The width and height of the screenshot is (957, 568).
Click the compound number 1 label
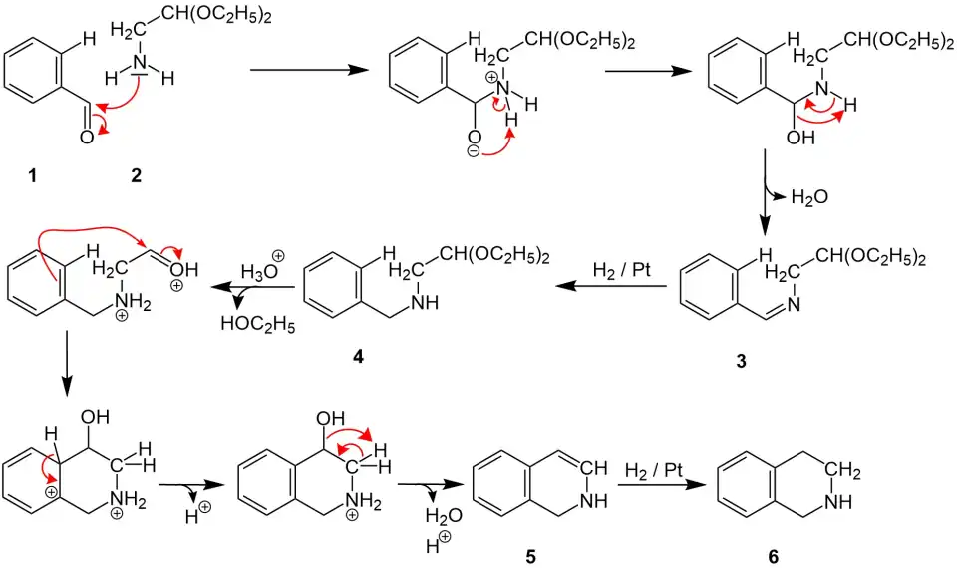pyautogui.click(x=32, y=176)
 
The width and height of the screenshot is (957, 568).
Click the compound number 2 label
pyautogui.click(x=136, y=176)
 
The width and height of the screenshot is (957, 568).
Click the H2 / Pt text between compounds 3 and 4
pyautogui.click(x=619, y=270)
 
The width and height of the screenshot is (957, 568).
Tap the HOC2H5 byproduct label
pyautogui.click(x=257, y=324)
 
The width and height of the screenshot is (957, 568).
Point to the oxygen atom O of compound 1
pyautogui.click(x=87, y=137)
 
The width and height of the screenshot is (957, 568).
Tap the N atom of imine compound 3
pyautogui.click(x=792, y=304)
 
